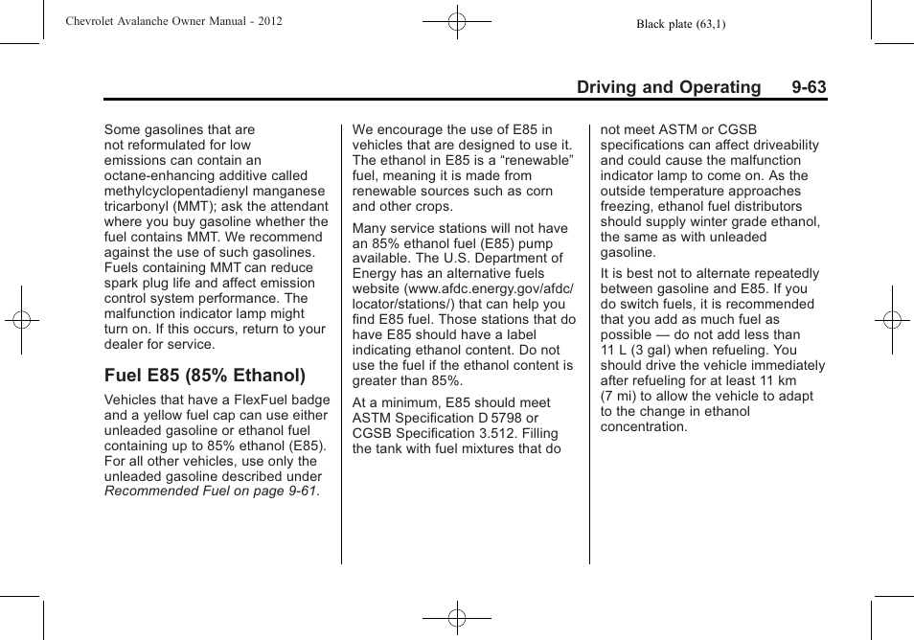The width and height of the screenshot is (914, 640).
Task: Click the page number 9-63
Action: pos(809,87)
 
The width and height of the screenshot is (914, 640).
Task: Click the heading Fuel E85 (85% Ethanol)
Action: pos(205,375)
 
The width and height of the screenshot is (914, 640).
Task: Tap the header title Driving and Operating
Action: pos(669,87)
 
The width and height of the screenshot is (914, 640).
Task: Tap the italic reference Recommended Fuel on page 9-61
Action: pos(211,491)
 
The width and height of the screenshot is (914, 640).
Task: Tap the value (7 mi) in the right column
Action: pos(619,396)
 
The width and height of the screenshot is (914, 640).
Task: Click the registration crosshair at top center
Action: pos(457,20)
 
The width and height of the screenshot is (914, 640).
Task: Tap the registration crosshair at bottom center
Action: pos(457,618)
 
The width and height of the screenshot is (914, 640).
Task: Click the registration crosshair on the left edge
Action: pos(22,320)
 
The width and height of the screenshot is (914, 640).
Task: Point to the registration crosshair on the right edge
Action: pos(891,320)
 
